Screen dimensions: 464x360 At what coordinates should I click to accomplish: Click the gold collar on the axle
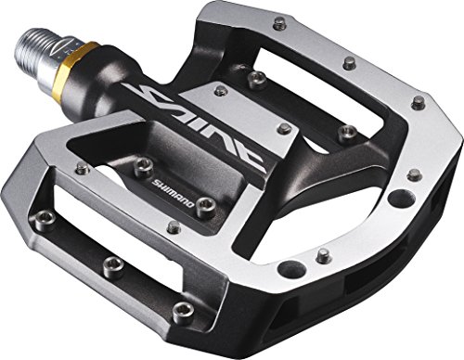[x=80, y=67]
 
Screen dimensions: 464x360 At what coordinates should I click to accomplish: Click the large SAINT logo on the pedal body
[x=198, y=123]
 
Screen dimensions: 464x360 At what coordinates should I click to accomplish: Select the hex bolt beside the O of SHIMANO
[x=207, y=203]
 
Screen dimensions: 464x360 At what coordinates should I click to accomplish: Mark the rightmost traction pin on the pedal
[x=419, y=102]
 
